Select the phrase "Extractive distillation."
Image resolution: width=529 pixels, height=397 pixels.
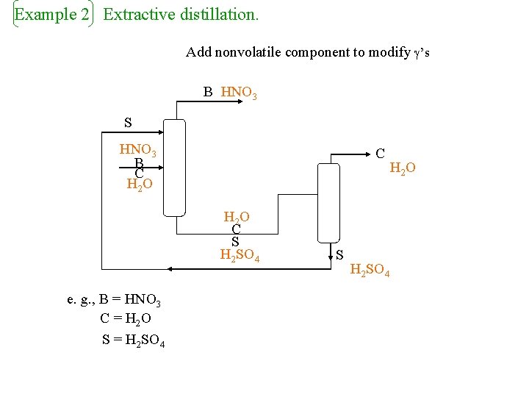click(181, 15)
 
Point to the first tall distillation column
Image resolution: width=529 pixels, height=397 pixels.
click(175, 168)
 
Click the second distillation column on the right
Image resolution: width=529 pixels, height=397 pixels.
click(327, 202)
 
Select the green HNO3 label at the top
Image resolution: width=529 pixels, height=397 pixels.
click(239, 93)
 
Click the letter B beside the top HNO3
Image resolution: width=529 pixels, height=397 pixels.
click(208, 93)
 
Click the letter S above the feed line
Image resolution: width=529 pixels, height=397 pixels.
click(128, 121)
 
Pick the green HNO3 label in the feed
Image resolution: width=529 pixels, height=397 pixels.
click(138, 151)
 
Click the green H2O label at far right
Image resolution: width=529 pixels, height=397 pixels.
click(403, 169)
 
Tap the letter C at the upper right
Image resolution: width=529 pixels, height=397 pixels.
click(380, 154)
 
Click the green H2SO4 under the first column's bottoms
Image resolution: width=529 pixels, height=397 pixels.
click(240, 256)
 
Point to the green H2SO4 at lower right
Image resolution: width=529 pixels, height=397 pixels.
click(370, 271)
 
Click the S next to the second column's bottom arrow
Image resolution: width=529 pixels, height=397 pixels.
click(339, 255)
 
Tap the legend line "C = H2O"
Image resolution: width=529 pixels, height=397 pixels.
click(126, 320)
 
